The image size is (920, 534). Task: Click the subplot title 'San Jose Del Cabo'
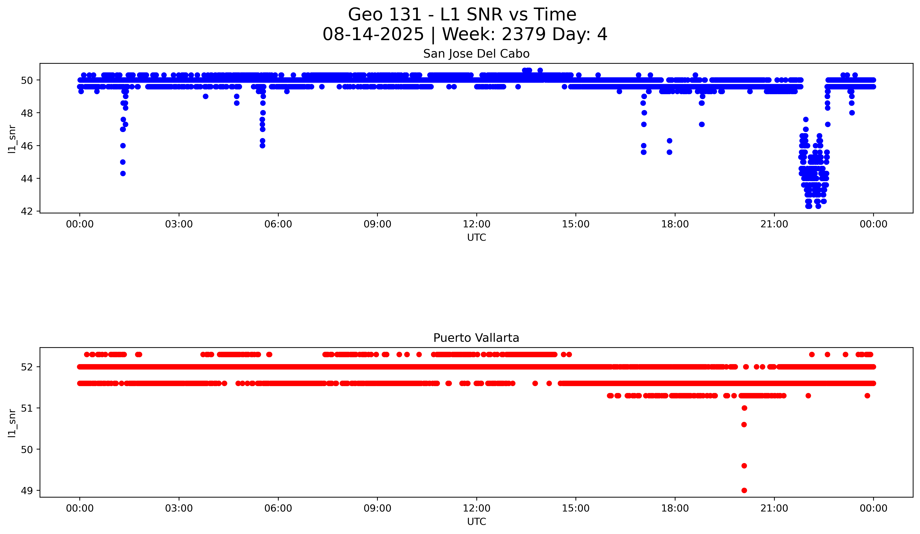pyautogui.click(x=476, y=54)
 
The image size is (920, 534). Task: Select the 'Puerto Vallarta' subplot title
pyautogui.click(x=476, y=338)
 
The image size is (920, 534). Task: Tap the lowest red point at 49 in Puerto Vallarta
pyautogui.click(x=744, y=490)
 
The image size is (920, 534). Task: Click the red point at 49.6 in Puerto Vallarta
pyautogui.click(x=744, y=466)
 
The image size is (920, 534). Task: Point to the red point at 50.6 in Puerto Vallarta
pyautogui.click(x=744, y=424)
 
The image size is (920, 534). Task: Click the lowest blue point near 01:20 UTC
pyautogui.click(x=123, y=173)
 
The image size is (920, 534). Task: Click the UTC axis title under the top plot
pyautogui.click(x=476, y=238)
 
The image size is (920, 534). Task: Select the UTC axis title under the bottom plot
pyautogui.click(x=476, y=522)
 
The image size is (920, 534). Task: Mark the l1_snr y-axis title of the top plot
pyautogui.click(x=12, y=139)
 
